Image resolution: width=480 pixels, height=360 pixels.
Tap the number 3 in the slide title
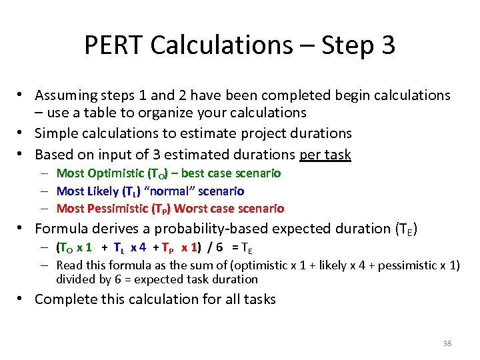point(387,45)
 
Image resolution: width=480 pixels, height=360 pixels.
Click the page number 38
point(447,343)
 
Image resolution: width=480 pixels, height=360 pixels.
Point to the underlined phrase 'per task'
point(325,155)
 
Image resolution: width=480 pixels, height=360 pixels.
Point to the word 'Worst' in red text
point(191,209)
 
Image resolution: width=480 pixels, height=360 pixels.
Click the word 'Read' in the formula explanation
point(70,265)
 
